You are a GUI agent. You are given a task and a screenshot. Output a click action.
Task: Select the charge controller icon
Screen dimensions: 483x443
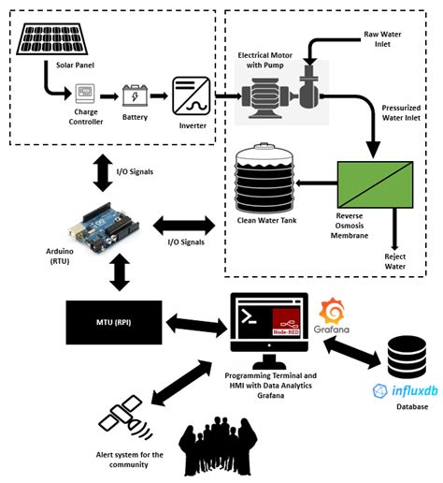[85, 95]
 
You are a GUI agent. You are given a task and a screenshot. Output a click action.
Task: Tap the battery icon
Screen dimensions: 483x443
[136, 95]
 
